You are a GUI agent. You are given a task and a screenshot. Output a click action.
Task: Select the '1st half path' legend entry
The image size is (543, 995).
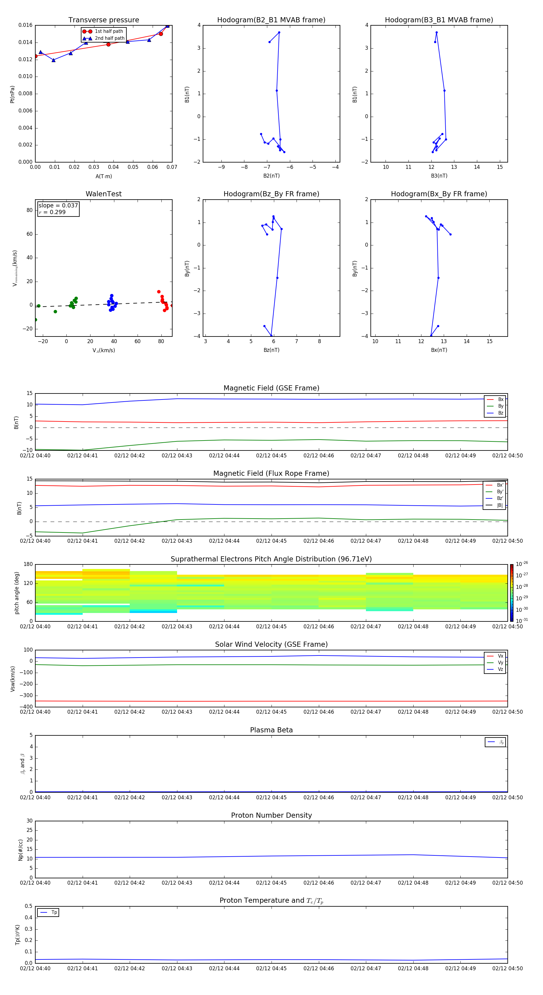[109, 31]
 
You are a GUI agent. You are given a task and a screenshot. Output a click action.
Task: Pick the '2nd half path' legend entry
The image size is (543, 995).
[110, 38]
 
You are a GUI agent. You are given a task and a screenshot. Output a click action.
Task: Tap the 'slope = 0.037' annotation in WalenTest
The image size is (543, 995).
[58, 206]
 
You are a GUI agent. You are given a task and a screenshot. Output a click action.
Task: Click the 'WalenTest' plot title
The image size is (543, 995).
[103, 194]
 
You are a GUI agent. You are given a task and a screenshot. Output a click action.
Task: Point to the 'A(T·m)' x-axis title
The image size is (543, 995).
[103, 176]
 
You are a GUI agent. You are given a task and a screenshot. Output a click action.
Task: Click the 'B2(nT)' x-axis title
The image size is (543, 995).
[271, 176]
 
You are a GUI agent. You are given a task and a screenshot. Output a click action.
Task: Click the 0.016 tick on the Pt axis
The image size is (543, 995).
[26, 25]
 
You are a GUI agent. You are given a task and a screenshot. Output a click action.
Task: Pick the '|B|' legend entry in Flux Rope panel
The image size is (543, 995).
[500, 505]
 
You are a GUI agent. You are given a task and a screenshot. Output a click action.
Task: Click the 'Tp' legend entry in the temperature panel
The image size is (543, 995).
[54, 912]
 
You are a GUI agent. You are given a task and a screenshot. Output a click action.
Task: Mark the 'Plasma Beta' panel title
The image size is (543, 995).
[271, 730]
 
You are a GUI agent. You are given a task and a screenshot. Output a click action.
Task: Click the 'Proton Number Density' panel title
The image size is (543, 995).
[271, 815]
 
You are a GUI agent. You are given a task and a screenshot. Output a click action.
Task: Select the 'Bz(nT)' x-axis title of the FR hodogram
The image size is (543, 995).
[271, 350]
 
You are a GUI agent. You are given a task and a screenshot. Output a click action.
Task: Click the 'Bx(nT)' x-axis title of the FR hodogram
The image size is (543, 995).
[439, 350]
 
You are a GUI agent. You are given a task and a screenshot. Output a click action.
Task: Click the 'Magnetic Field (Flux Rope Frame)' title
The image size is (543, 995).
[271, 474]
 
